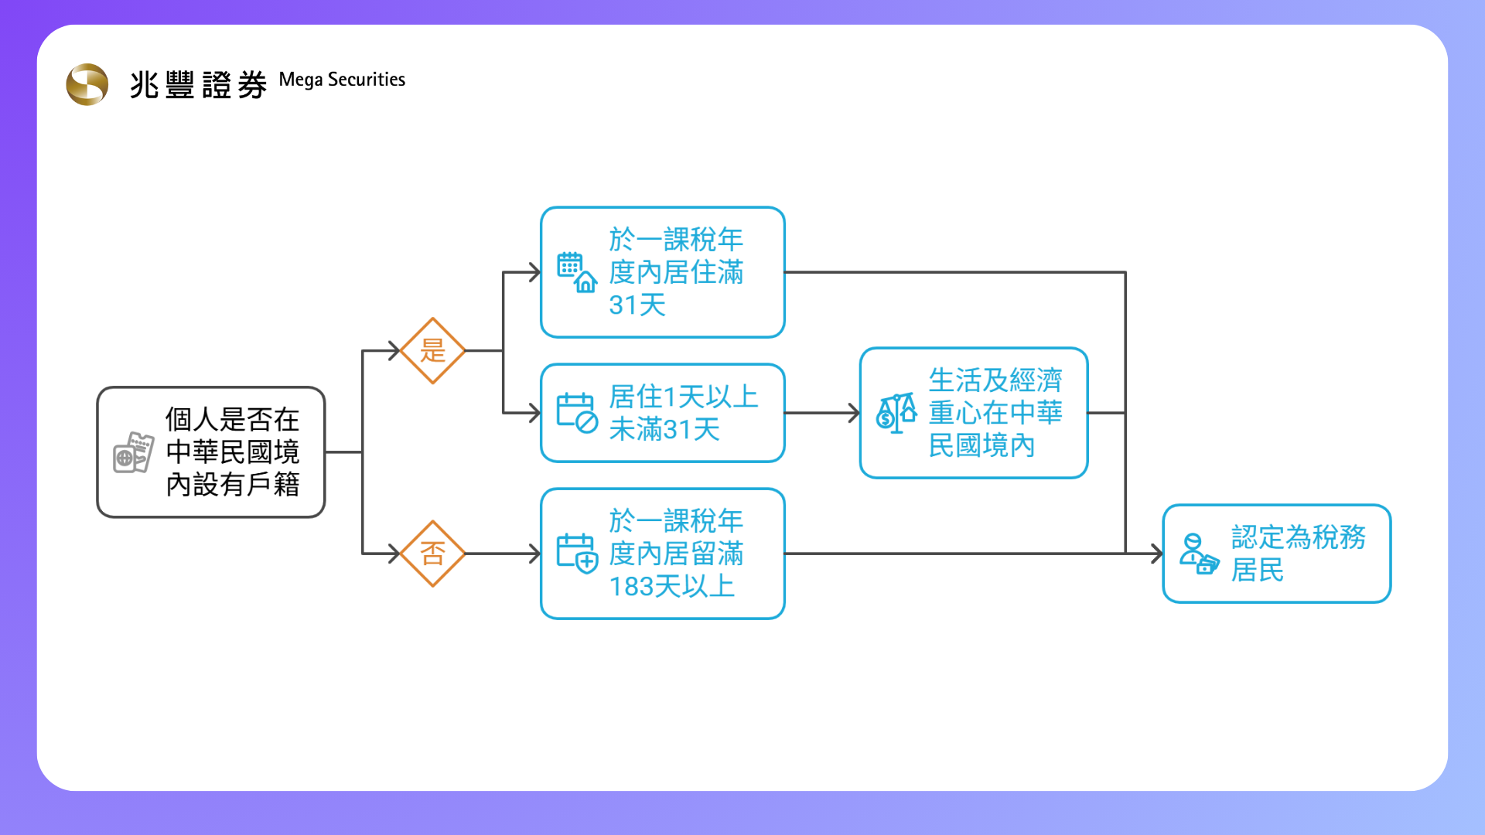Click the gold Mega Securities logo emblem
tap(87, 84)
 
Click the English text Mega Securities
tap(342, 80)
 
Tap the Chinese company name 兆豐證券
tap(198, 84)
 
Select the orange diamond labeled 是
tap(432, 350)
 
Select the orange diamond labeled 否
tap(432, 554)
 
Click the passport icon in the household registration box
tap(133, 452)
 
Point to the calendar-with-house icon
tap(577, 272)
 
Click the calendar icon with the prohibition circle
tap(577, 413)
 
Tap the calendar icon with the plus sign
tap(577, 554)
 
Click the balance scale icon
tap(896, 413)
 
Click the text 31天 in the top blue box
tap(637, 305)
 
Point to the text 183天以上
tap(671, 587)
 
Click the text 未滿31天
tap(664, 429)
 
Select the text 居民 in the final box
tap(1258, 571)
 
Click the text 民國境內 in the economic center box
tap(981, 446)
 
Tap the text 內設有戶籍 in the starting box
tap(233, 485)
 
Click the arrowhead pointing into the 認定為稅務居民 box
tap(1157, 554)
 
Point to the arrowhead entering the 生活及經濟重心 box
tap(854, 413)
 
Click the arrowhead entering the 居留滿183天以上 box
tap(534, 554)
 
